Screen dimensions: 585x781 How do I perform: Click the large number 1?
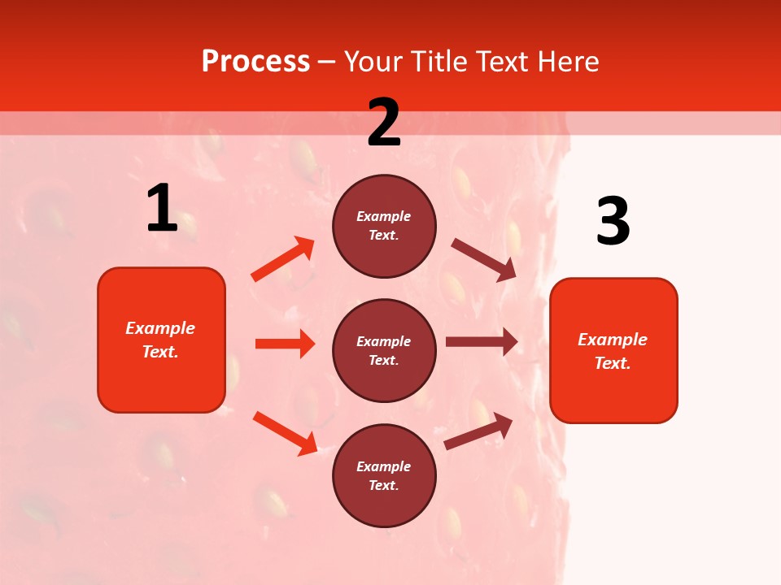point(162,208)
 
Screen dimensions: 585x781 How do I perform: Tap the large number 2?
point(384,122)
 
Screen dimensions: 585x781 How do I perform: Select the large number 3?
point(613,222)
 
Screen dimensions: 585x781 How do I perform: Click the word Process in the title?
point(255,61)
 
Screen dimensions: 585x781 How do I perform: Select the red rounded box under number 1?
point(161,340)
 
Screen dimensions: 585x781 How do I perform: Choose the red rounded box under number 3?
point(613,350)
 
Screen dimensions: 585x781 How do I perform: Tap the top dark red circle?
point(384,226)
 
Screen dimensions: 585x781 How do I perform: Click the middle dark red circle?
point(384,350)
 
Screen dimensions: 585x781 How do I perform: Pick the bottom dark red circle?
point(384,475)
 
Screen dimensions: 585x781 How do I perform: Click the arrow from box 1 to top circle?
point(283,259)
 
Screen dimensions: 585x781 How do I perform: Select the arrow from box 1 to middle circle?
point(285,344)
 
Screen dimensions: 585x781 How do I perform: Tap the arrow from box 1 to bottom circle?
point(285,433)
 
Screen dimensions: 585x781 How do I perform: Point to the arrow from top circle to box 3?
point(484,260)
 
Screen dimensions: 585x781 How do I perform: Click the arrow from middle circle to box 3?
point(482,342)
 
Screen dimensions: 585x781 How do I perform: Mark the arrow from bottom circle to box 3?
point(478,431)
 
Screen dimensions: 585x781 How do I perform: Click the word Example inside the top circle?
point(384,216)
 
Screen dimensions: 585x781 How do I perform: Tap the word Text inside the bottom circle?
point(382,485)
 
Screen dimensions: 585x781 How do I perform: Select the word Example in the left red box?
point(160,328)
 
